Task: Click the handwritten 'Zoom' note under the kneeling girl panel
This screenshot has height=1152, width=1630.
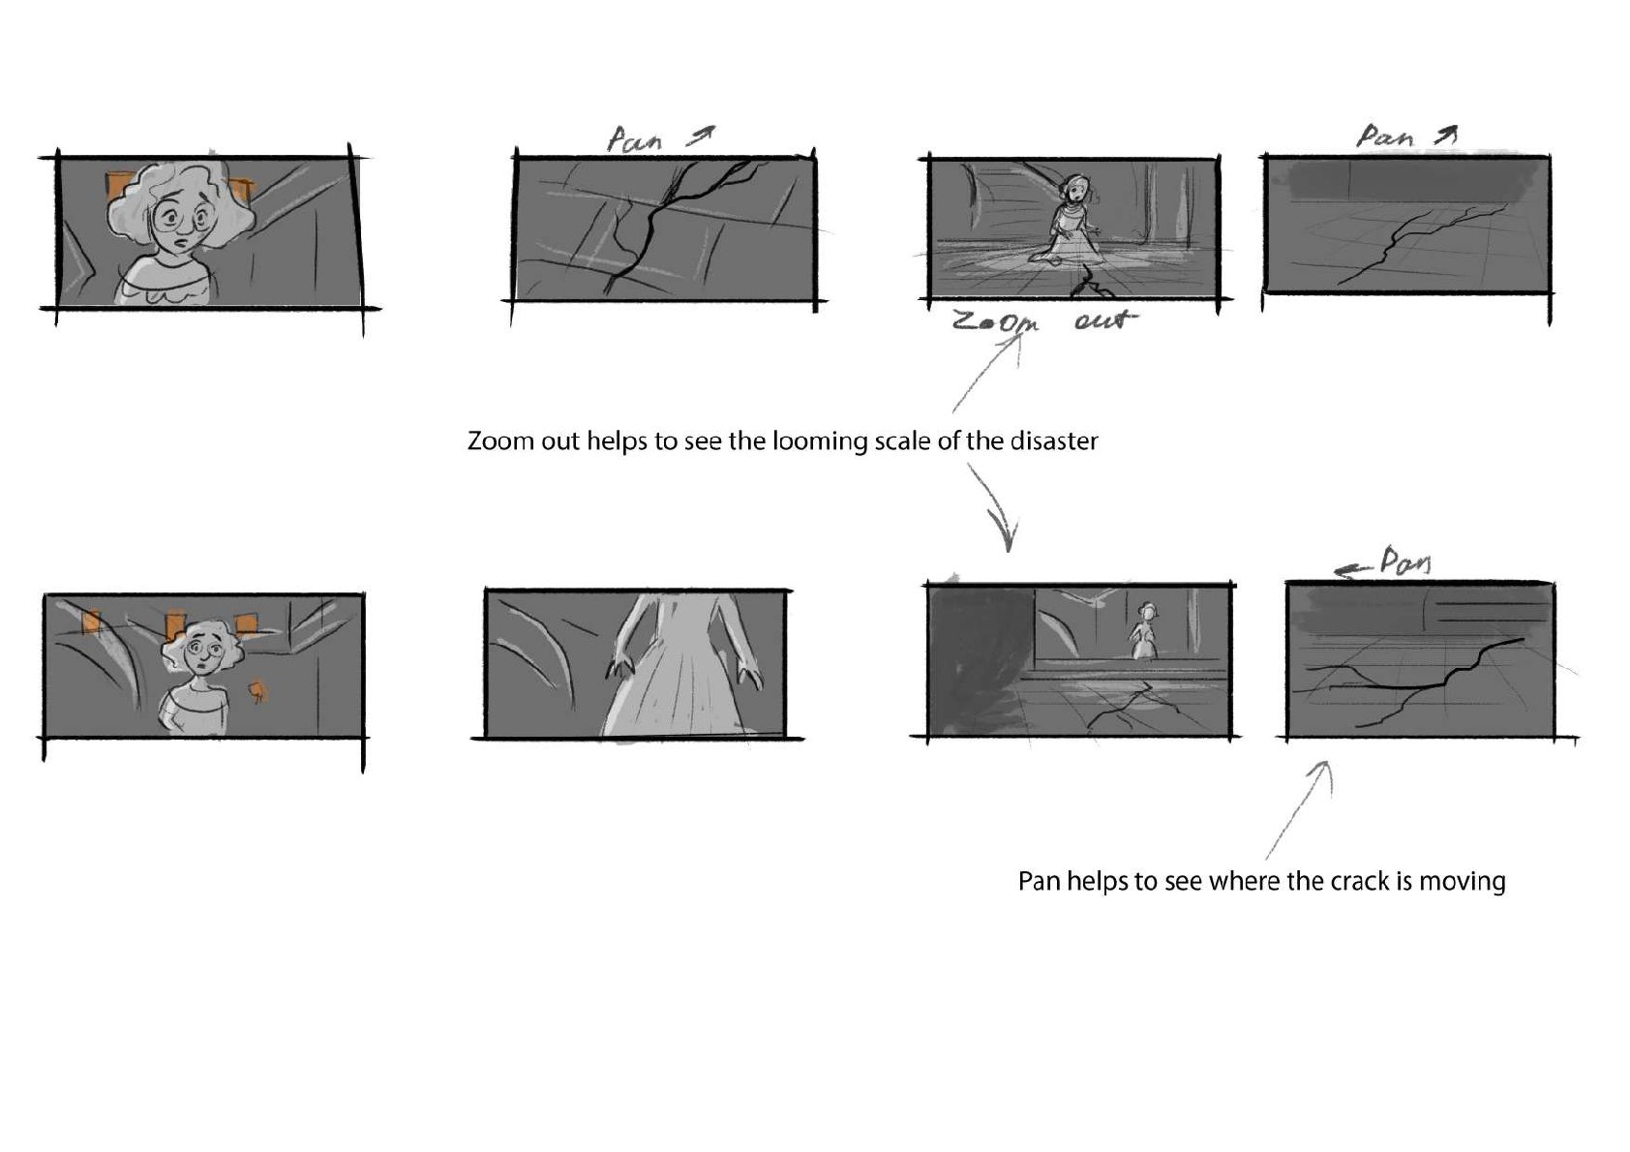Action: (995, 321)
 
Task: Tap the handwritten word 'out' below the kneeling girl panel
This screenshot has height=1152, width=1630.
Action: (1104, 318)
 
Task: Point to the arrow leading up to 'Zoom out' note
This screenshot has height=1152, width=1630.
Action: (987, 374)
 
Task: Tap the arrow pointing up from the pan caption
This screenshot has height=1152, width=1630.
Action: (1300, 810)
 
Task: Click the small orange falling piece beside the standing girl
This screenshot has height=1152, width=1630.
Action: (257, 692)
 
